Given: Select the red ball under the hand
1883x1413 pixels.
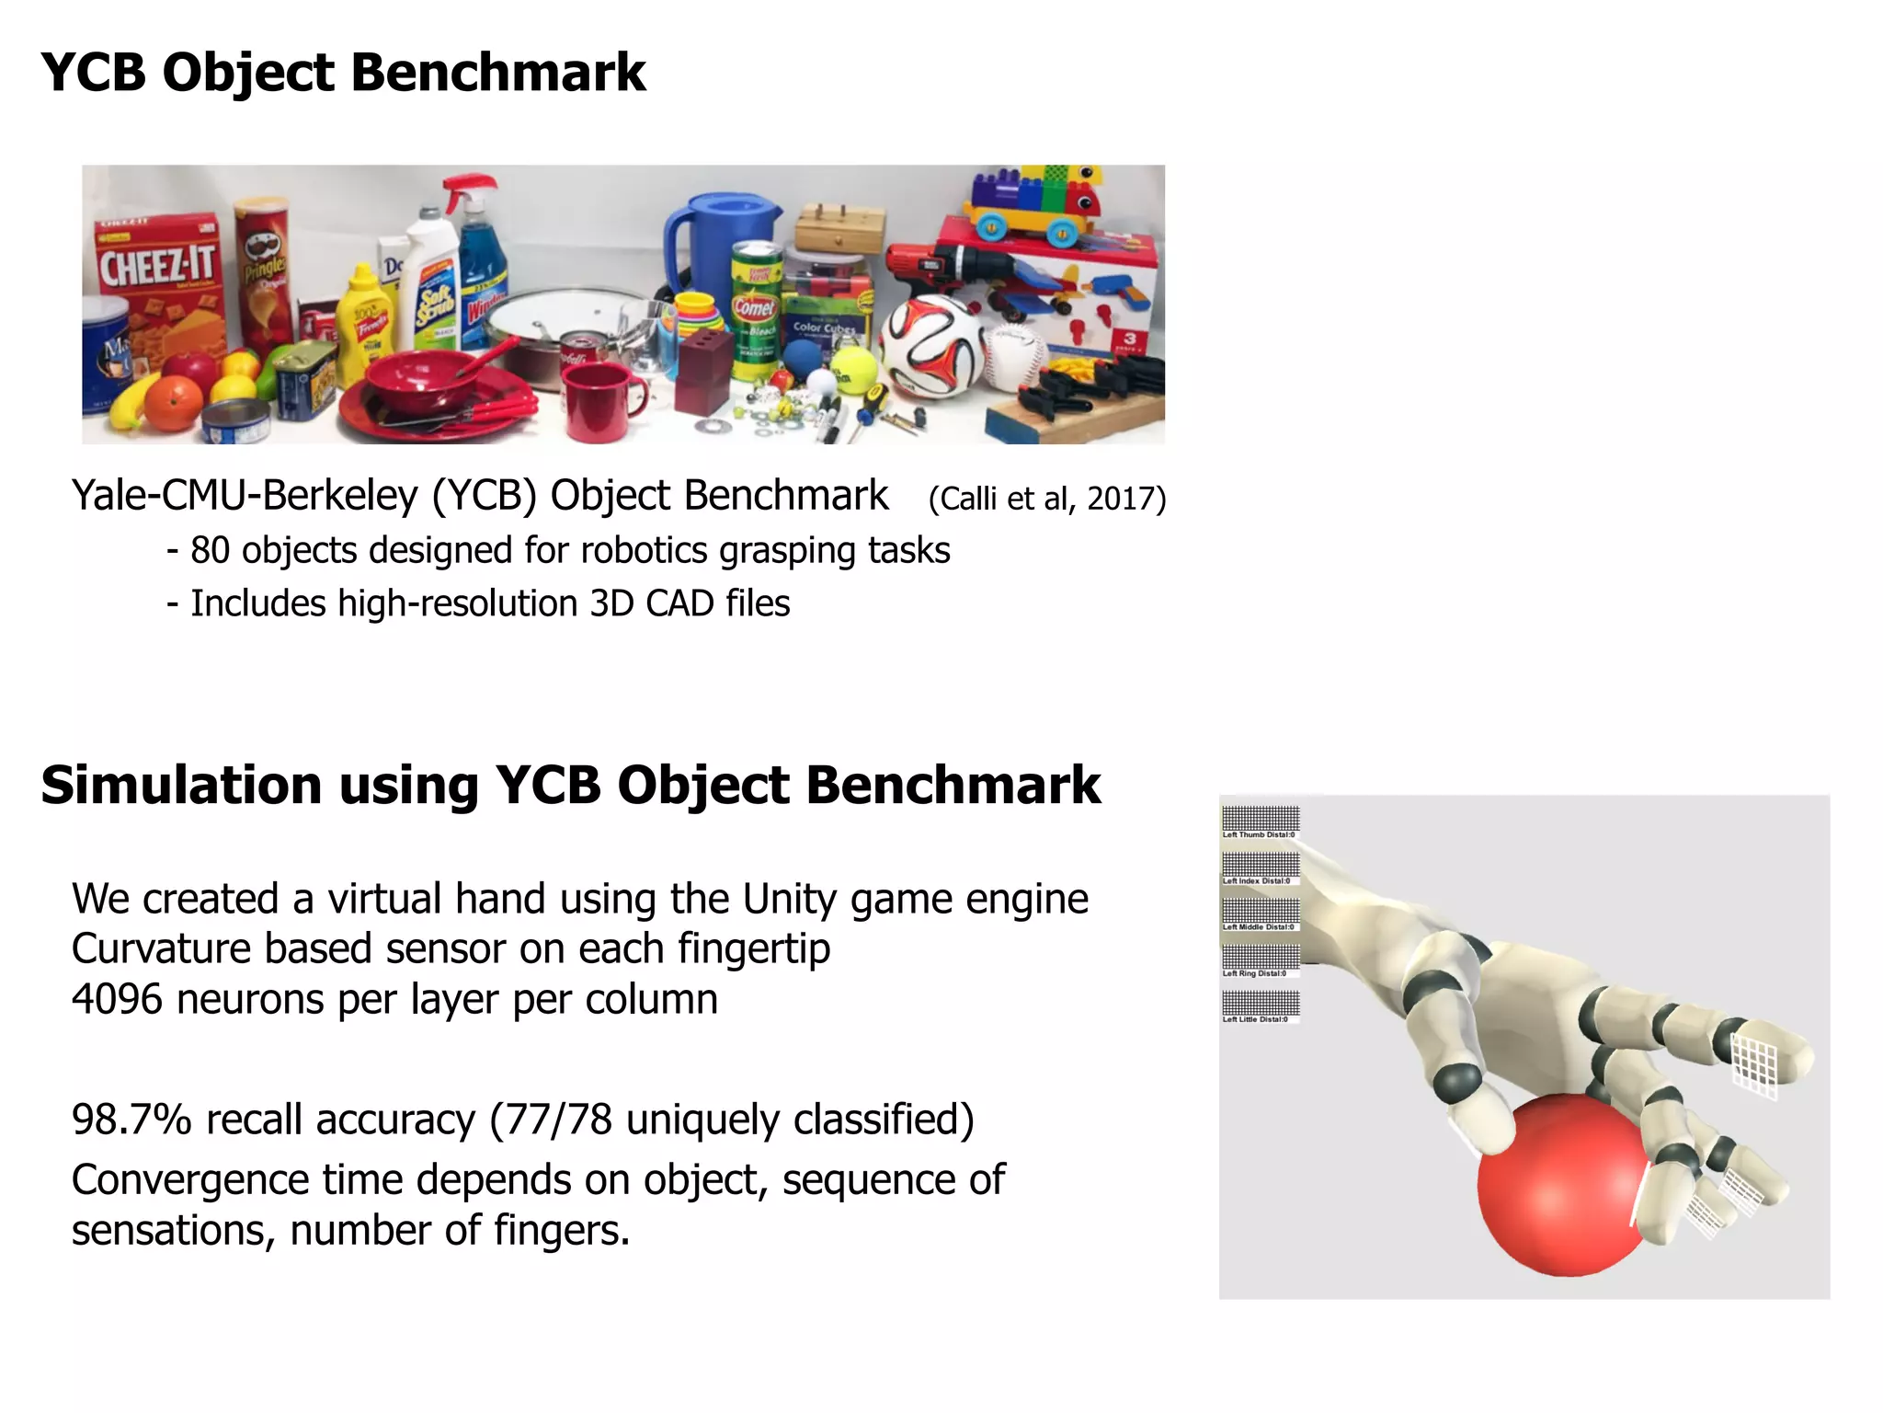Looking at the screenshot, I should pyautogui.click(x=1563, y=1187).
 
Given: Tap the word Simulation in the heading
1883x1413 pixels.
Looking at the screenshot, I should pyautogui.click(x=179, y=786).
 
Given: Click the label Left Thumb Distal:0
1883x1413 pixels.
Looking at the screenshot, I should pyautogui.click(x=1259, y=835).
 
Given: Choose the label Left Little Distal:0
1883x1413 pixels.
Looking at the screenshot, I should pyautogui.click(x=1255, y=1019).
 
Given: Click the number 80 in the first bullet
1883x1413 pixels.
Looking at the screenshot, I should pyautogui.click(x=210, y=550).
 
